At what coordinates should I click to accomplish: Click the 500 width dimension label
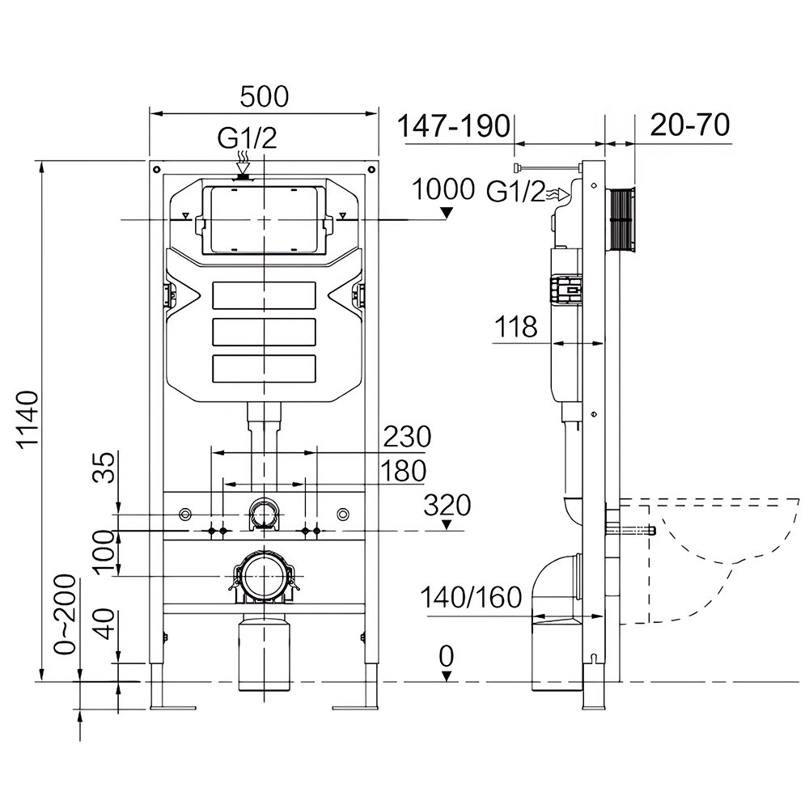coord(265,96)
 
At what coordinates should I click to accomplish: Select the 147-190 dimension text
coord(454,125)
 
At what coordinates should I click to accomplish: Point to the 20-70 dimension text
coord(690,125)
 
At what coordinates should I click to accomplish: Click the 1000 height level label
coord(443,188)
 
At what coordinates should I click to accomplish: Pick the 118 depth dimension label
coord(515,327)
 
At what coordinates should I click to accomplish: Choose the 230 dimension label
coord(407,437)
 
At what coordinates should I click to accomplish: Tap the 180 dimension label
coord(403,471)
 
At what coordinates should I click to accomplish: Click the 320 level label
coord(447,505)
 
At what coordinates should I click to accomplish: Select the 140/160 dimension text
coord(471,598)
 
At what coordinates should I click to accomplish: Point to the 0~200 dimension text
coord(66,615)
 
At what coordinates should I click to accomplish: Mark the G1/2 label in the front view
coord(247,138)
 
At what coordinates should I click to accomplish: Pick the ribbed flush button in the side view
coord(621,220)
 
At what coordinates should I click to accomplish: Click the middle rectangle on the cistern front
coord(264,332)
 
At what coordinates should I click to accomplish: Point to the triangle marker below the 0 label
coord(447,676)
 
